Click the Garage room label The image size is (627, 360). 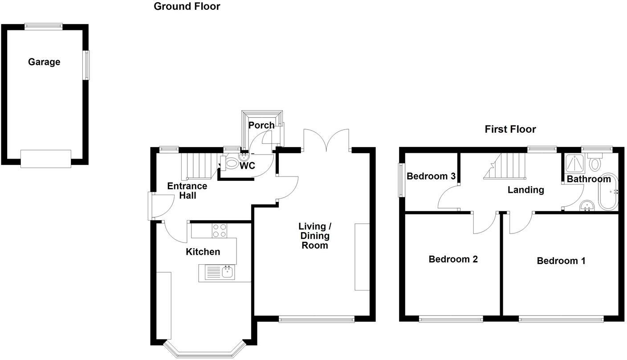point(44,62)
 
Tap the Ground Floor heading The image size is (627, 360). point(187,6)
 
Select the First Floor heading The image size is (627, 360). point(510,129)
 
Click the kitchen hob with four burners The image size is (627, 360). point(219,230)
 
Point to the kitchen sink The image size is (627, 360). point(220,272)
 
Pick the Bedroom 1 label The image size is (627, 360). point(561,261)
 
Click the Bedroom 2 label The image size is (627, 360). point(453,259)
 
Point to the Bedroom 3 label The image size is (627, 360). point(431,176)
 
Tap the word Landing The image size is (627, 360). point(526,190)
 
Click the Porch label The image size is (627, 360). point(261,125)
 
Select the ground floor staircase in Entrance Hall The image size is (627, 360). point(195,165)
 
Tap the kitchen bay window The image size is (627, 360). point(205,349)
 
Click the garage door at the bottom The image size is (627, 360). point(46,159)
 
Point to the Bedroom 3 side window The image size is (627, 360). point(402,180)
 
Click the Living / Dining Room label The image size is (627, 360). point(314,236)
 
